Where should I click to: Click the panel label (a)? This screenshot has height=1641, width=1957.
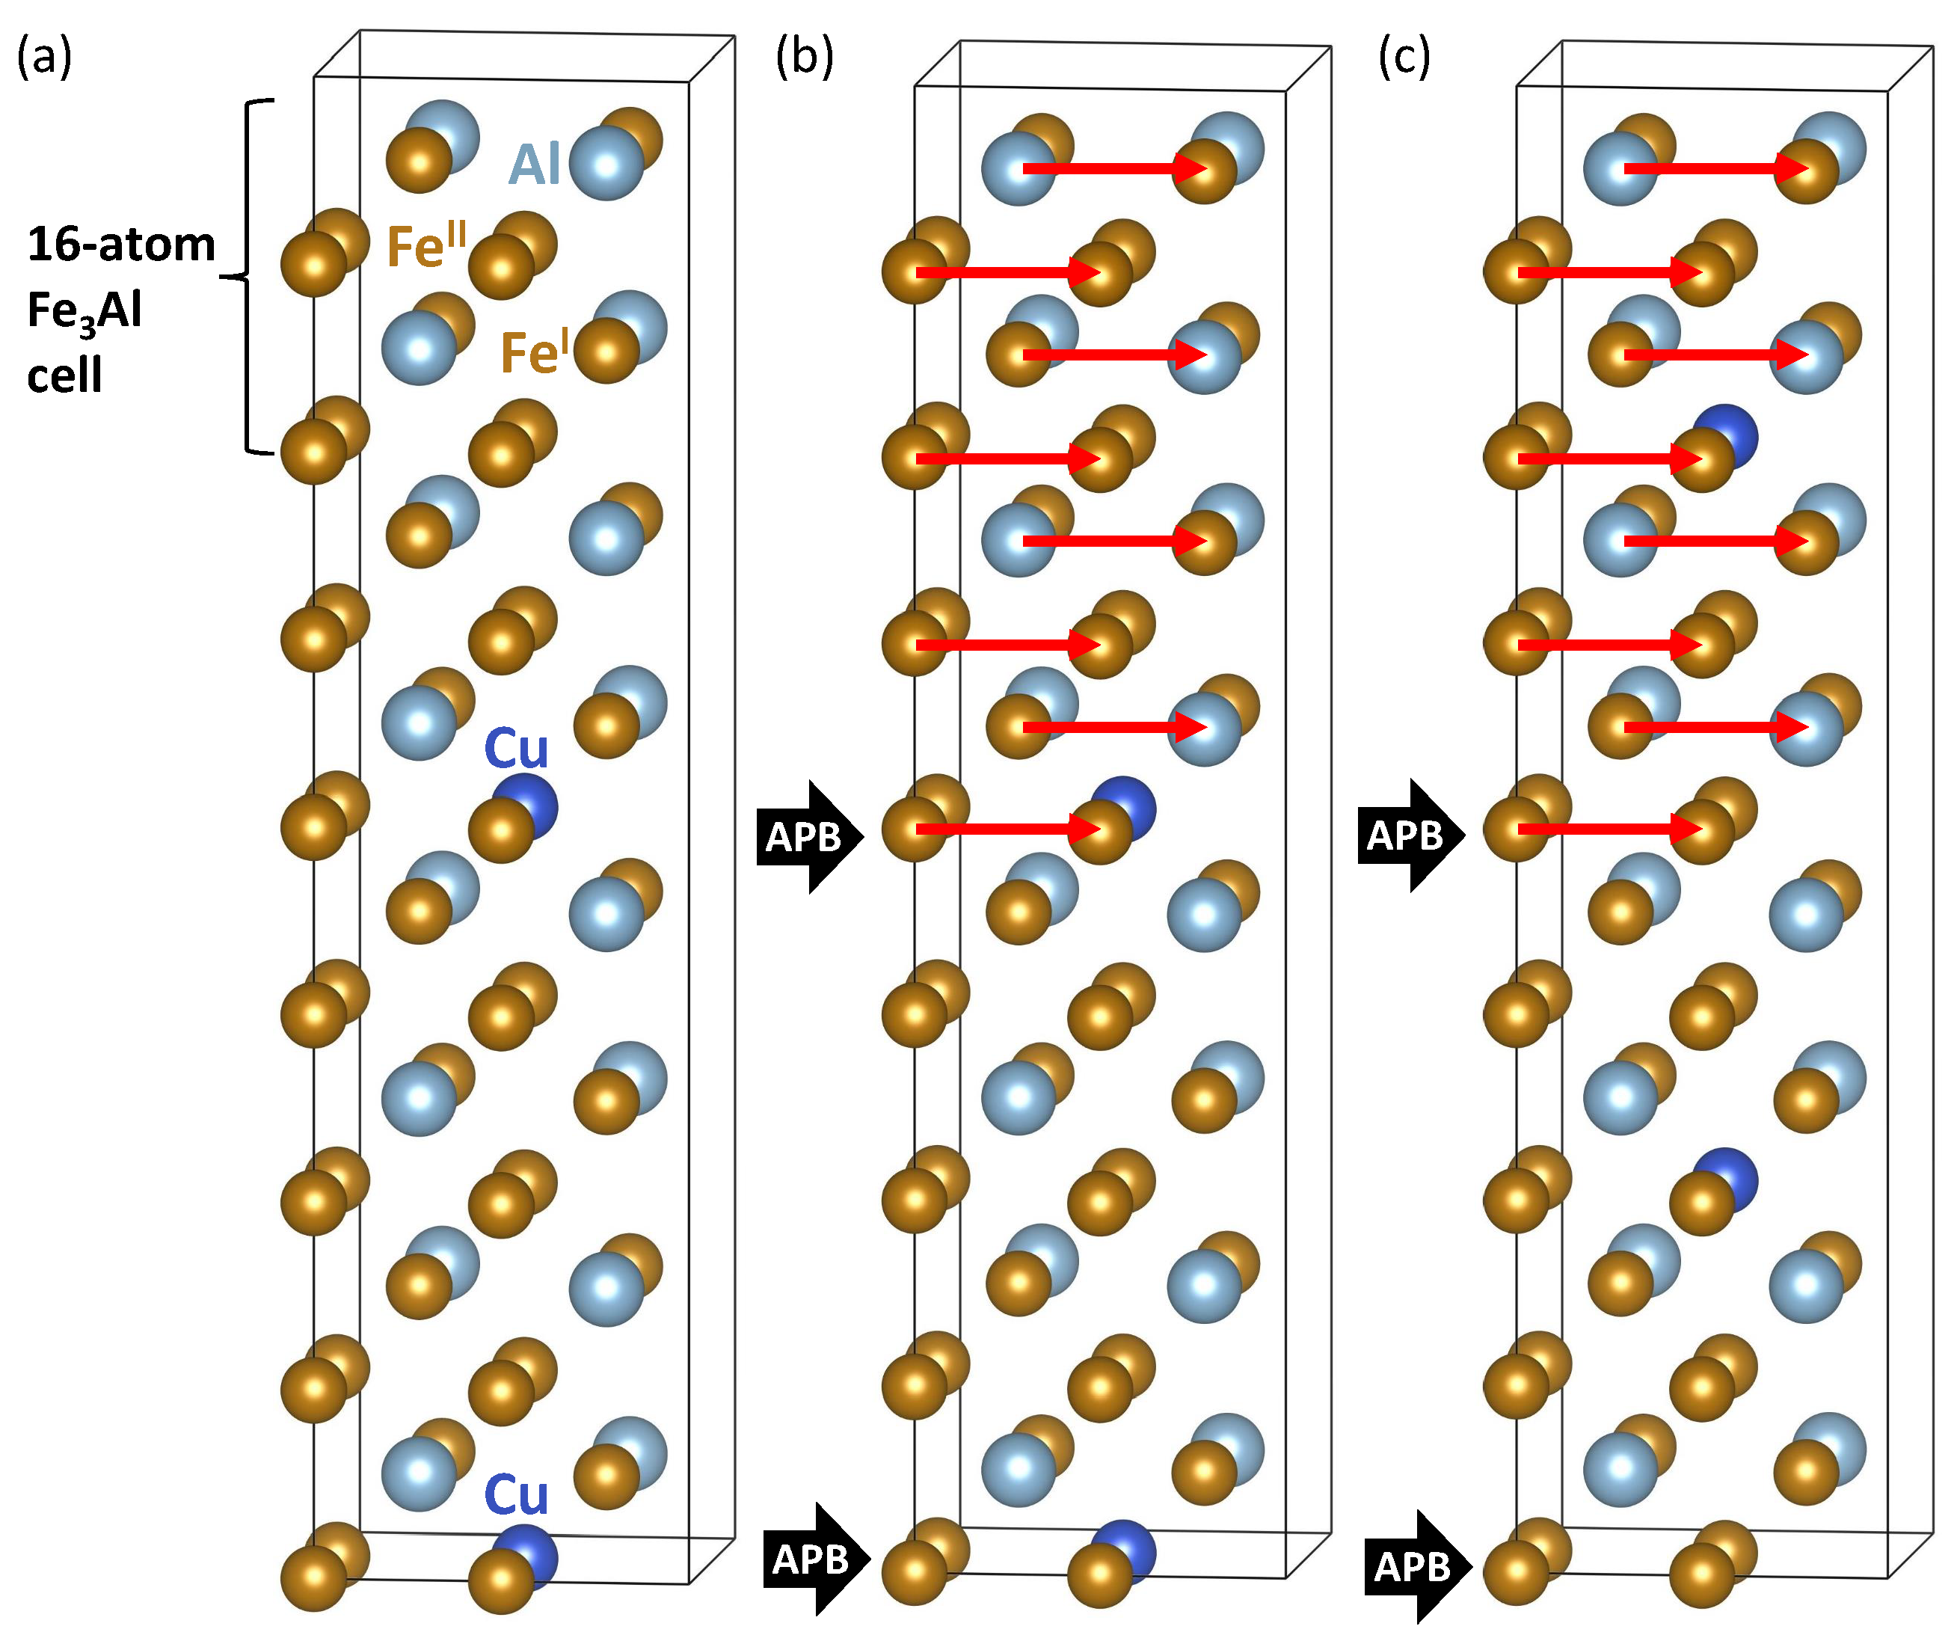click(44, 58)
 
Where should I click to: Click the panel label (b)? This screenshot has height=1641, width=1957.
click(803, 58)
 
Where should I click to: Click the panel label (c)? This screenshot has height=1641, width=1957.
click(1404, 58)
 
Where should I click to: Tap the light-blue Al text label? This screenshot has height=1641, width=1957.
click(534, 165)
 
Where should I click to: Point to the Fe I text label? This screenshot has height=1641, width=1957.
click(534, 352)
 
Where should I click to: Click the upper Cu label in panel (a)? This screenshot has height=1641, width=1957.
click(516, 748)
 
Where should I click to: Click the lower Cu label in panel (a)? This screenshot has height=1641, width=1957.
click(516, 1496)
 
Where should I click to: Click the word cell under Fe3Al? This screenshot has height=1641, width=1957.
click(64, 376)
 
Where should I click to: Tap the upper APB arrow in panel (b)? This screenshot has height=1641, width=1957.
click(808, 836)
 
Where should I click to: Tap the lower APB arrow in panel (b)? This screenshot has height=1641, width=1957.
click(814, 1559)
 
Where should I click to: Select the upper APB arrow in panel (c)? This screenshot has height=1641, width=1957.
click(1409, 835)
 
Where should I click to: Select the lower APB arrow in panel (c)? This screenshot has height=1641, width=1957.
click(1416, 1566)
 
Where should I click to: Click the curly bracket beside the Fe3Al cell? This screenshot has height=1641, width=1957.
click(248, 277)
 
